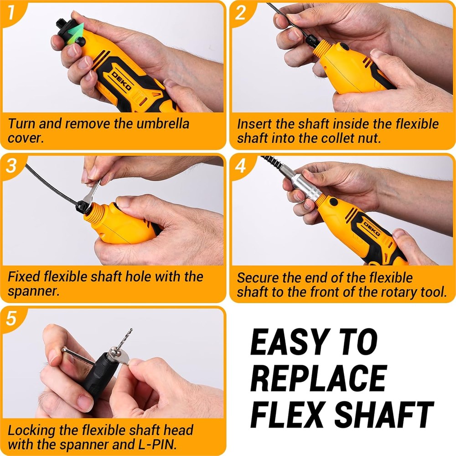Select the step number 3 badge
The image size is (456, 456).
(11, 166)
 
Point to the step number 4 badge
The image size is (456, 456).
(240, 166)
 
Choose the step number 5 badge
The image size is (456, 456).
(11, 318)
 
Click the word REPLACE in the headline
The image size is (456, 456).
(319, 378)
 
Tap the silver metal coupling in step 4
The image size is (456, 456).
(307, 186)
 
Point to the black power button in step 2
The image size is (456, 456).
(343, 47)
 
